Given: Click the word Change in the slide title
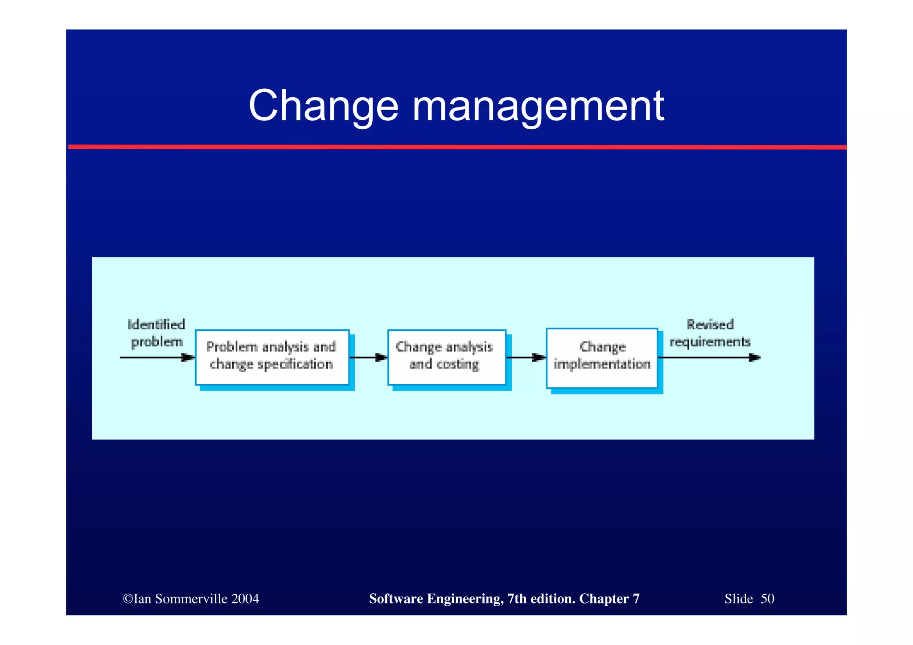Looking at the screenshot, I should pyautogui.click(x=323, y=106).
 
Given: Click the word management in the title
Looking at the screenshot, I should pyautogui.click(x=538, y=106).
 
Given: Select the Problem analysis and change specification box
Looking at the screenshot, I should pyautogui.click(x=272, y=357).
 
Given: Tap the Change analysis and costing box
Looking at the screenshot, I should pyautogui.click(x=447, y=357).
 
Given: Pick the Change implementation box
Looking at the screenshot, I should pyautogui.click(x=602, y=358).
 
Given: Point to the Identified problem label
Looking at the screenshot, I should pyautogui.click(x=156, y=333).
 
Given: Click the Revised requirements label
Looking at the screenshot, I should pyautogui.click(x=710, y=333).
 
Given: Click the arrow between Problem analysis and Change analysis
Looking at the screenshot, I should pyautogui.click(x=368, y=357).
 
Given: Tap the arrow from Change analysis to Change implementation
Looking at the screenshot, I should pyautogui.click(x=526, y=357).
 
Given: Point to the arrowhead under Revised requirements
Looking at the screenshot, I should pyautogui.click(x=754, y=357).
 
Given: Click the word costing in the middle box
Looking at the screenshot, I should pyautogui.click(x=457, y=365).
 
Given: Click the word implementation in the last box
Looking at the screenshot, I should pyautogui.click(x=602, y=365).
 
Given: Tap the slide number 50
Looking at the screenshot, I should pyautogui.click(x=767, y=599).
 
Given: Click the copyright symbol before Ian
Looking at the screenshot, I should pyautogui.click(x=128, y=599).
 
